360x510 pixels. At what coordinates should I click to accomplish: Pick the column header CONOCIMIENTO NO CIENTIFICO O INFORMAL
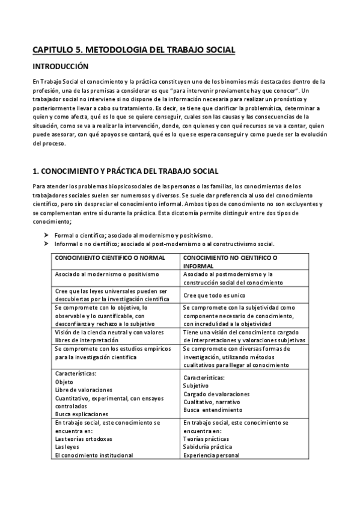(234, 262)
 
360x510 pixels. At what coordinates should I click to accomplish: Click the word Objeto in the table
(64, 381)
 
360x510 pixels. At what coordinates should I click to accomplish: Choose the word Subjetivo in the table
(196, 386)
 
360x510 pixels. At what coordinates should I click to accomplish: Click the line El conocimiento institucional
(94, 455)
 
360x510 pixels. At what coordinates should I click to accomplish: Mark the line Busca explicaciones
(82, 414)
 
